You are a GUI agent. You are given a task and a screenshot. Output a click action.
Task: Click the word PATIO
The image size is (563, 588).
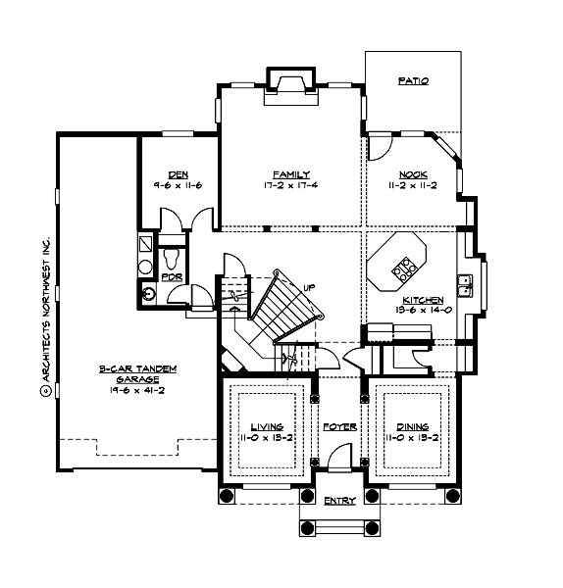coord(413,81)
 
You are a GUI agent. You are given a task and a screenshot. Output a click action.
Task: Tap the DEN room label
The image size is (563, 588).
coord(178,174)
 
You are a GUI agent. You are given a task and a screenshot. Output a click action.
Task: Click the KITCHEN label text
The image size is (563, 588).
coord(423,300)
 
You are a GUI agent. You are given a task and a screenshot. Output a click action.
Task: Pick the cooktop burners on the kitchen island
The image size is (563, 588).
coord(402,265)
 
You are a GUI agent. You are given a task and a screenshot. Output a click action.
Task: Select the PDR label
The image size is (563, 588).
coord(172,277)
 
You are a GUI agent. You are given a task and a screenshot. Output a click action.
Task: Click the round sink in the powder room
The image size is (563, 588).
coord(148,291)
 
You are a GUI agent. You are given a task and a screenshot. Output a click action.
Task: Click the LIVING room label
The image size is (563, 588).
coord(266,427)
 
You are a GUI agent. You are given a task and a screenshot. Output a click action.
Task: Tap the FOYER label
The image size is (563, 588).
coord(339,427)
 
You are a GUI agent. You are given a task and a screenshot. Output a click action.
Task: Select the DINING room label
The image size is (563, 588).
coord(412,427)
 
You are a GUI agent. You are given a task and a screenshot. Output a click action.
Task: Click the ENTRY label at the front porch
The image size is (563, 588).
coord(339,501)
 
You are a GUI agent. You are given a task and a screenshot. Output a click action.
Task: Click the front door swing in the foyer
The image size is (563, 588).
coord(339,458)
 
